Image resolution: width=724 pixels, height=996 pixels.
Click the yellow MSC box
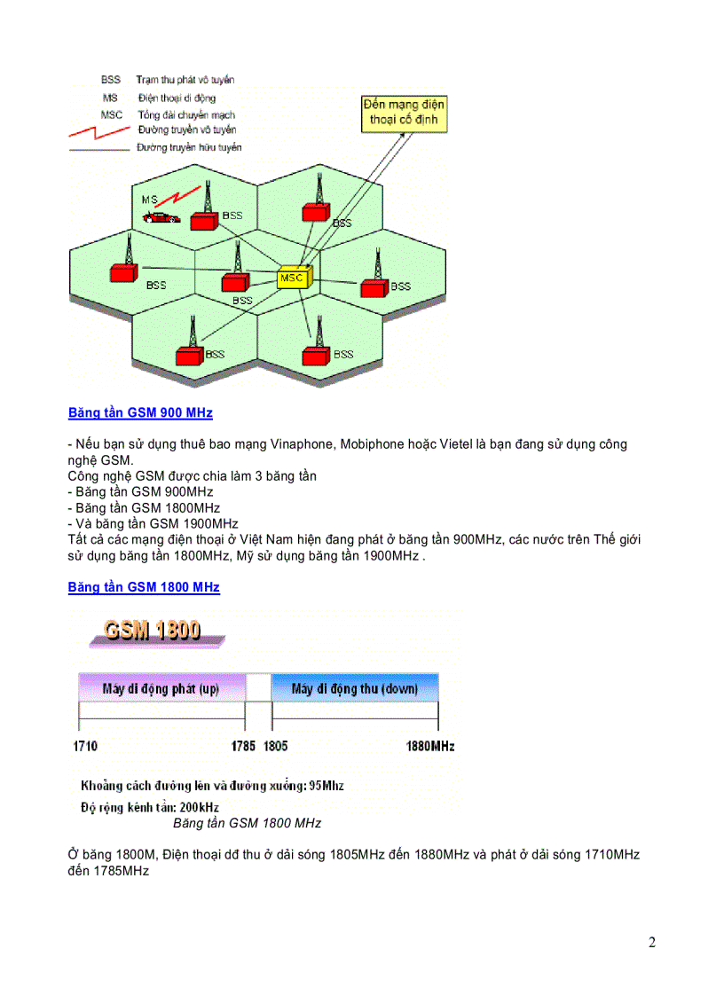point(291,278)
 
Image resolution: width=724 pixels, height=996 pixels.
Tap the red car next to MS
point(162,216)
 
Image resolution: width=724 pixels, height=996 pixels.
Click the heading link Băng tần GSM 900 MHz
point(140,413)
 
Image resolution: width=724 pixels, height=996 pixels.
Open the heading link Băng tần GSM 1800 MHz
point(144,587)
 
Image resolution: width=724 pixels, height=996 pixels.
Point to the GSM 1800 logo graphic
point(153,631)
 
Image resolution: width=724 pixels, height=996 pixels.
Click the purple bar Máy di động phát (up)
point(161,688)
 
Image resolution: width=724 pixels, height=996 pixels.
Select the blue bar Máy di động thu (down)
point(354,688)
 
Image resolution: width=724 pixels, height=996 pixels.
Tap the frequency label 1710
point(85,747)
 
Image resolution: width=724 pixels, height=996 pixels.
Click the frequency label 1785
point(243,747)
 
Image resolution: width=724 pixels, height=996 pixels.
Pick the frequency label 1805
point(275,747)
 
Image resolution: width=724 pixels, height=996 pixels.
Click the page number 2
point(652,942)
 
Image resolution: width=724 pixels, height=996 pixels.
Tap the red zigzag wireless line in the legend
point(98,132)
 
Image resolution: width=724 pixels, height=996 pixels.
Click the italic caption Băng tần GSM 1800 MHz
point(247,823)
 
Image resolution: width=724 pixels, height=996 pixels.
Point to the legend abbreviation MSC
point(112,114)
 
